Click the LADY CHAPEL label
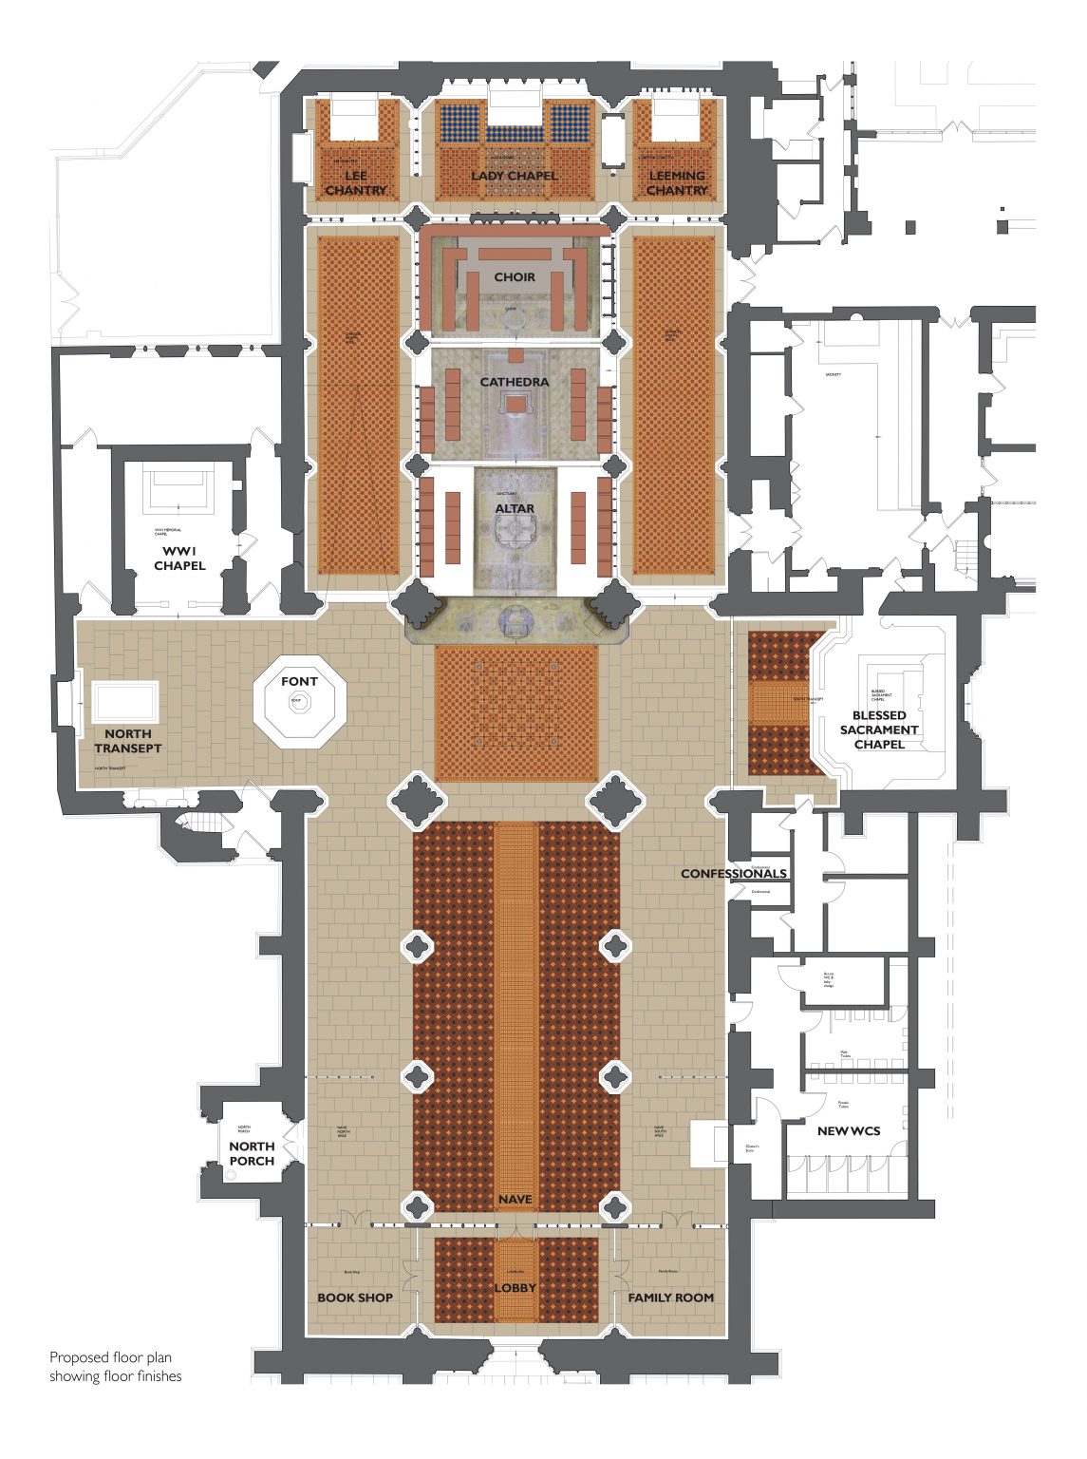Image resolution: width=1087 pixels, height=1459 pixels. pyautogui.click(x=515, y=176)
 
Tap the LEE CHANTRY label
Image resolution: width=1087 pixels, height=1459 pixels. pyautogui.click(x=356, y=183)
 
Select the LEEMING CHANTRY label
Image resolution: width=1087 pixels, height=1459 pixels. pyautogui.click(x=677, y=183)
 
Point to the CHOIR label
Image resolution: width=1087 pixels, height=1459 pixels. pyautogui.click(x=515, y=277)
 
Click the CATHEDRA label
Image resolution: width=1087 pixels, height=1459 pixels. pyautogui.click(x=515, y=382)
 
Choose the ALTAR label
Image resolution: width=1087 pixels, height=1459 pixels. pyautogui.click(x=515, y=509)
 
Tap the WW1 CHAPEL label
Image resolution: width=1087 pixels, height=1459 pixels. pyautogui.click(x=179, y=559)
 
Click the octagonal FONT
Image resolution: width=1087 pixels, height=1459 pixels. pyautogui.click(x=299, y=704)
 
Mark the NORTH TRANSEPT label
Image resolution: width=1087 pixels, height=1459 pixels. pyautogui.click(x=127, y=741)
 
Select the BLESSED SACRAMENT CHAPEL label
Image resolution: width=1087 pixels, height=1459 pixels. pyautogui.click(x=879, y=729)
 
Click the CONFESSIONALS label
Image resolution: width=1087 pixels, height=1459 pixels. pyautogui.click(x=734, y=874)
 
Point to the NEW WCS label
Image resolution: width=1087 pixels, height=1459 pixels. pyautogui.click(x=849, y=1131)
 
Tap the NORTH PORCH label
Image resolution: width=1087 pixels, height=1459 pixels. pyautogui.click(x=252, y=1154)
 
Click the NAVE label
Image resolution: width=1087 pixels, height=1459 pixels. pyautogui.click(x=515, y=1200)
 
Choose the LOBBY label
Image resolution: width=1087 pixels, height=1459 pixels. pyautogui.click(x=515, y=1288)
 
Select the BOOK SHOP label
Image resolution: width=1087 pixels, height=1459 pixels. pyautogui.click(x=355, y=1298)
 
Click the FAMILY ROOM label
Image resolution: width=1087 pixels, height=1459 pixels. pyautogui.click(x=671, y=1298)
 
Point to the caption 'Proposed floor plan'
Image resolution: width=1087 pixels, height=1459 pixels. pyautogui.click(x=111, y=1357)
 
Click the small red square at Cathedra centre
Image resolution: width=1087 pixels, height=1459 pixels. pyautogui.click(x=515, y=405)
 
